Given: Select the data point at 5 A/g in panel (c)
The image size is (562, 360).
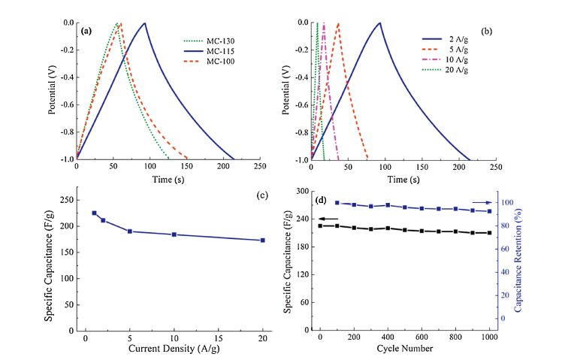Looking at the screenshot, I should point(130,231).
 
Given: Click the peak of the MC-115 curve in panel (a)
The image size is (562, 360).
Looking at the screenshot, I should point(144,23).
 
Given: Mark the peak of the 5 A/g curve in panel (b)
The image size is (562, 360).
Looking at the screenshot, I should point(338,23).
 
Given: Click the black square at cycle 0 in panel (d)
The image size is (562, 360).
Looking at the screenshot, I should point(321,225).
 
